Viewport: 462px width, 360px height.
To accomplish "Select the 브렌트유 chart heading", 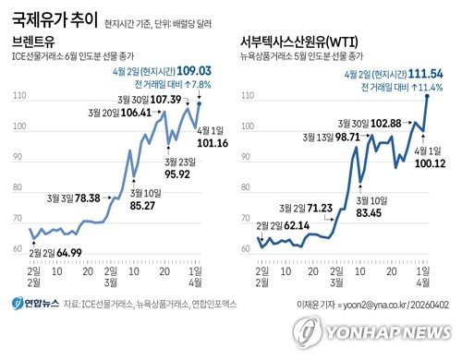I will (36, 42).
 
